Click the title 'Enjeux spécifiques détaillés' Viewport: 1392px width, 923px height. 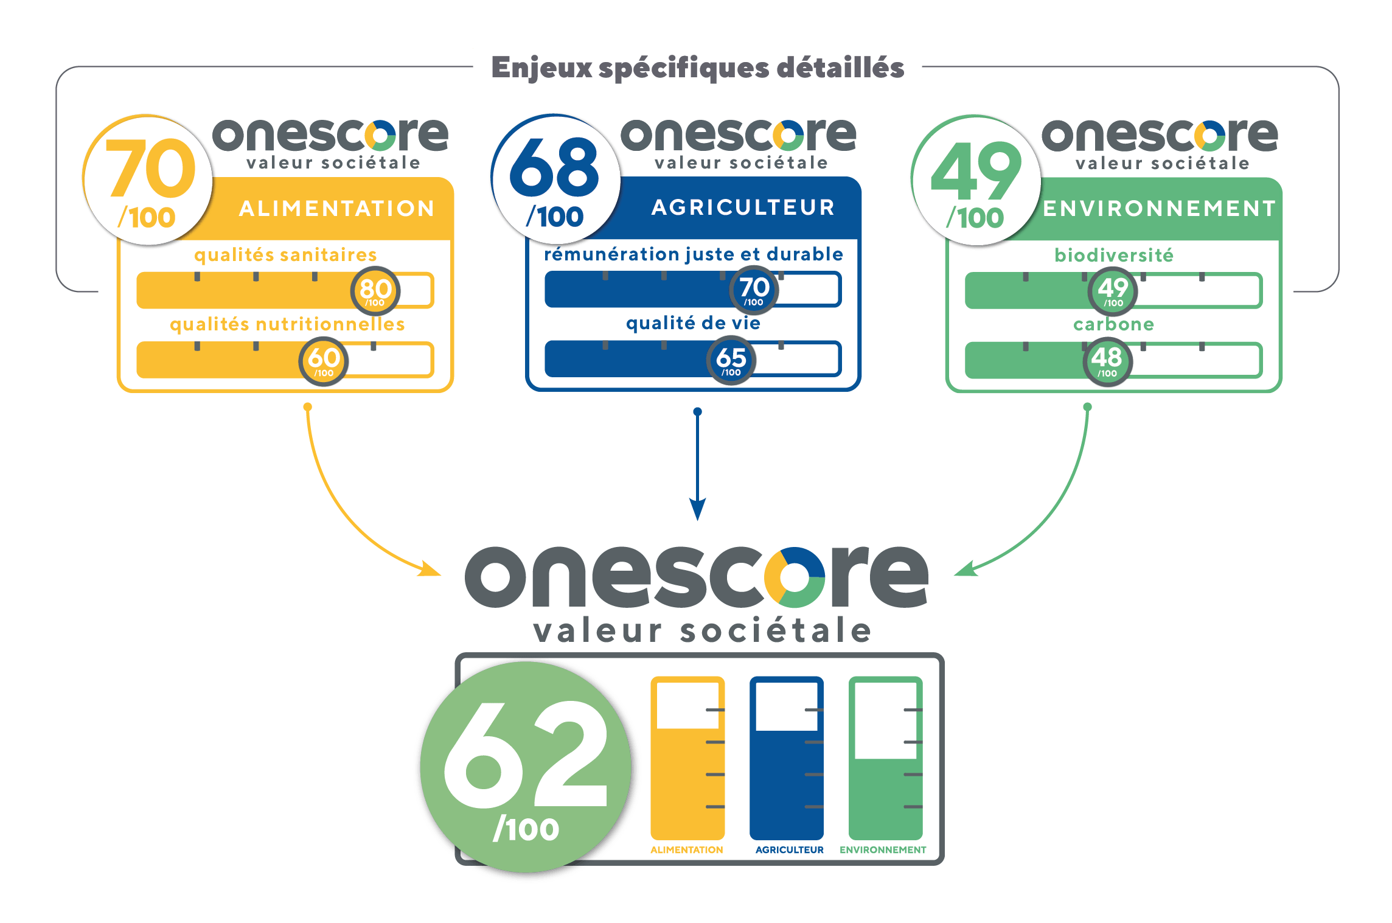[x=697, y=66]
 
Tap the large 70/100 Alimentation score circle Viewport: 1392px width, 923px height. [x=148, y=181]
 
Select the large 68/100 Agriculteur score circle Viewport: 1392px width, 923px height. [x=555, y=179]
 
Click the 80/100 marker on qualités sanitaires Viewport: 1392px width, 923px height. [x=375, y=291]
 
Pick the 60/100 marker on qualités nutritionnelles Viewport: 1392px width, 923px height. [x=324, y=361]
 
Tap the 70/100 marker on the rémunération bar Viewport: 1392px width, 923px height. [x=754, y=290]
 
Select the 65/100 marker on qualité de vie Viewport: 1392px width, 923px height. [x=731, y=360]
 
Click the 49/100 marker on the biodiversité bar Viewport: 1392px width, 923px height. [x=1113, y=291]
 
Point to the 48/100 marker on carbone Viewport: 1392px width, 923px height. [x=1107, y=361]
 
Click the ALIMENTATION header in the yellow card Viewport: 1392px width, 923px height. [x=337, y=209]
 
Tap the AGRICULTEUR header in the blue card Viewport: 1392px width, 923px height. [x=743, y=207]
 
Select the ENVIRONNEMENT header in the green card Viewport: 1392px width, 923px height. [x=1160, y=209]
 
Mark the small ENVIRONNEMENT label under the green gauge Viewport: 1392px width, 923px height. [x=883, y=850]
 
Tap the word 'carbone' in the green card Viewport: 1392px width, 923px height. [x=1113, y=324]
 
